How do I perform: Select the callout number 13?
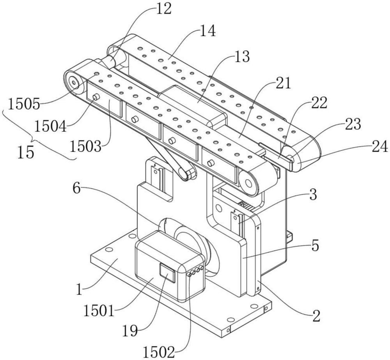[x=241, y=57]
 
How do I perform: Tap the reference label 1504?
[x=51, y=126]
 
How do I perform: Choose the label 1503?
[x=85, y=147]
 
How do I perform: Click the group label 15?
[x=26, y=152]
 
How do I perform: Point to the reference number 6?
[x=76, y=189]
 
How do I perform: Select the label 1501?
[x=99, y=311]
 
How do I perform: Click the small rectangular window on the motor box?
[x=167, y=273]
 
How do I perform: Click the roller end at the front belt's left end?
[x=74, y=82]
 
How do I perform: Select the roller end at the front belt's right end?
[x=248, y=183]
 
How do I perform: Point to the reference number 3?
[x=313, y=195]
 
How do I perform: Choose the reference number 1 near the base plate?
[x=79, y=290]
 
